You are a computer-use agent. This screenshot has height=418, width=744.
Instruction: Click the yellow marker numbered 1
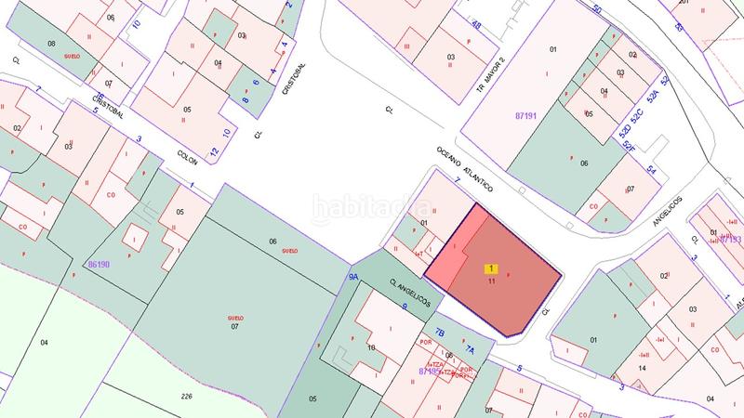(x=491, y=268)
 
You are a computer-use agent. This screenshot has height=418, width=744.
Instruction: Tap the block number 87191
(x=528, y=116)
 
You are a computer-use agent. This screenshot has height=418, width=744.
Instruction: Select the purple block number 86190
(x=99, y=265)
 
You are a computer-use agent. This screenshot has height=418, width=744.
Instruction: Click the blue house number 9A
(x=353, y=277)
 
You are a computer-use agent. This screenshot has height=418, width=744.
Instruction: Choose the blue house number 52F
(x=630, y=148)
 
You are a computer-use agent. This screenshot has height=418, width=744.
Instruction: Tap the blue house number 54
(x=652, y=171)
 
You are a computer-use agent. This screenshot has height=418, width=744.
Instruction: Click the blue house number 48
(x=476, y=25)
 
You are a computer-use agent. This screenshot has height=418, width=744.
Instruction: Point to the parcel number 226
(x=186, y=396)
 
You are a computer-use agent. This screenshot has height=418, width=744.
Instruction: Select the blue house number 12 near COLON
(x=214, y=151)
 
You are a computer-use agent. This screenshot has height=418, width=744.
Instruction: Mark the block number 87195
(x=430, y=371)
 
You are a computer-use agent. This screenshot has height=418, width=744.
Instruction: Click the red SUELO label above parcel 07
(x=235, y=318)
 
